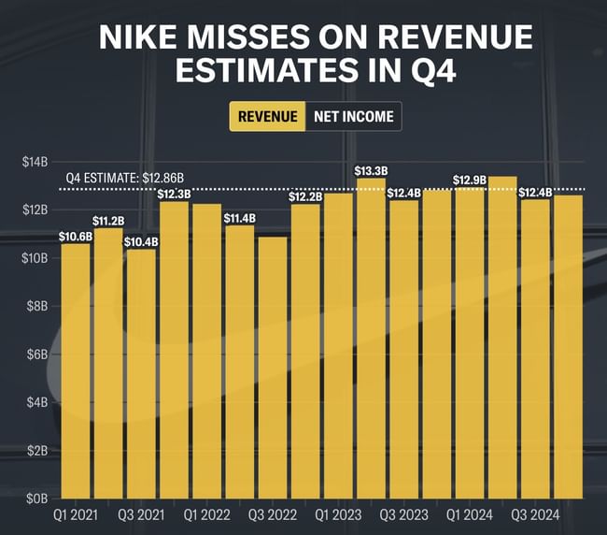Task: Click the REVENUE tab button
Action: coord(268,117)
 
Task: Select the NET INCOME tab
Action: coord(352,117)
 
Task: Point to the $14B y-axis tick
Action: coord(35,162)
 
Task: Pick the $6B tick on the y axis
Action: coord(35,354)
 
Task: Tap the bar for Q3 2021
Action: coord(141,373)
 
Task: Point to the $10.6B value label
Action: coord(76,236)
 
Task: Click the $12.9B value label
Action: coord(470,180)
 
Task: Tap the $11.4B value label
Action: coord(240,218)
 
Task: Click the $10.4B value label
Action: coord(141,241)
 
